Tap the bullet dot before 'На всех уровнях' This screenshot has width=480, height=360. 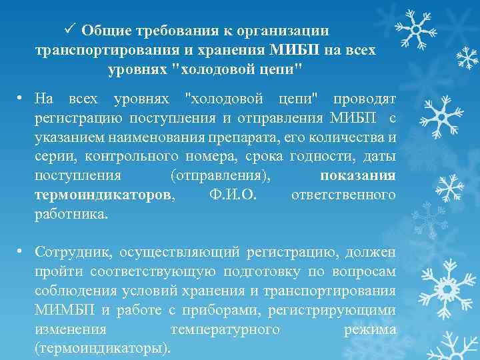pyautogui.click(x=21, y=99)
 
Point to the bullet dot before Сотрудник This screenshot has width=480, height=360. pyautogui.click(x=21, y=251)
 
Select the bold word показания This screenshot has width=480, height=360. pyautogui.click(x=358, y=176)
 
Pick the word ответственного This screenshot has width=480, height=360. pyautogui.click(x=343, y=196)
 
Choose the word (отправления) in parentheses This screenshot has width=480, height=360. pyautogui.click(x=221, y=176)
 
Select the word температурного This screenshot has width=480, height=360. pyautogui.click(x=225, y=330)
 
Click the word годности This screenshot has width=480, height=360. pyautogui.click(x=323, y=157)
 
